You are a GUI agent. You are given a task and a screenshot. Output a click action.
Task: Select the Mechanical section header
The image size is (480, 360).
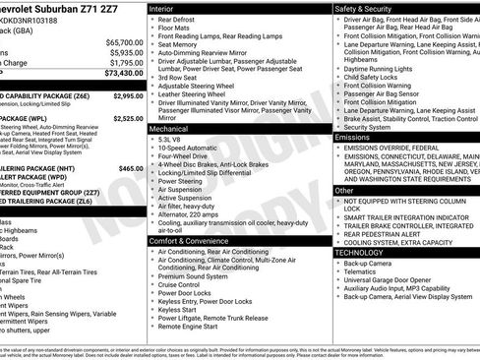click(x=171, y=128)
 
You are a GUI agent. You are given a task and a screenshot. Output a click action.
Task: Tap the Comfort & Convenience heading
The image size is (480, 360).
click(x=192, y=240)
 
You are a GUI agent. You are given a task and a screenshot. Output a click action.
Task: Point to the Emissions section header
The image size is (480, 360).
click(x=353, y=137)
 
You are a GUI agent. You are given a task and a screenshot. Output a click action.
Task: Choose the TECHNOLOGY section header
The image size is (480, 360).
click(x=359, y=253)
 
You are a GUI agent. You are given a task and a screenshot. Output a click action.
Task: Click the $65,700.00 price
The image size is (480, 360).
click(x=125, y=42)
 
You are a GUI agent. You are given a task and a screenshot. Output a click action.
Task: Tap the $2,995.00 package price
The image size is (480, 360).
click(x=128, y=95)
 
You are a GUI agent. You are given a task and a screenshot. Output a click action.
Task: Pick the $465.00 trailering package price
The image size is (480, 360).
click(x=131, y=168)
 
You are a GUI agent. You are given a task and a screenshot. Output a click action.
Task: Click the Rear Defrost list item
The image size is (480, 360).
click(x=180, y=22)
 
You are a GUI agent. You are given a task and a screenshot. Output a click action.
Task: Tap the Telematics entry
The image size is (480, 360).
click(x=363, y=276)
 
